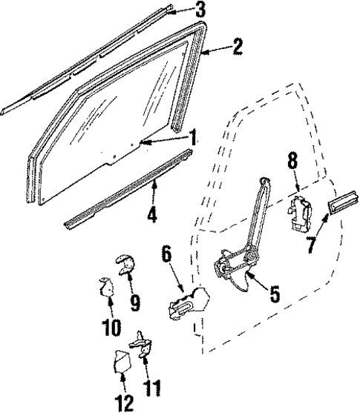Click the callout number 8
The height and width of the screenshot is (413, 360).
click(292, 159)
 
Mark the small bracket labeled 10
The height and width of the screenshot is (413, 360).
click(106, 285)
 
